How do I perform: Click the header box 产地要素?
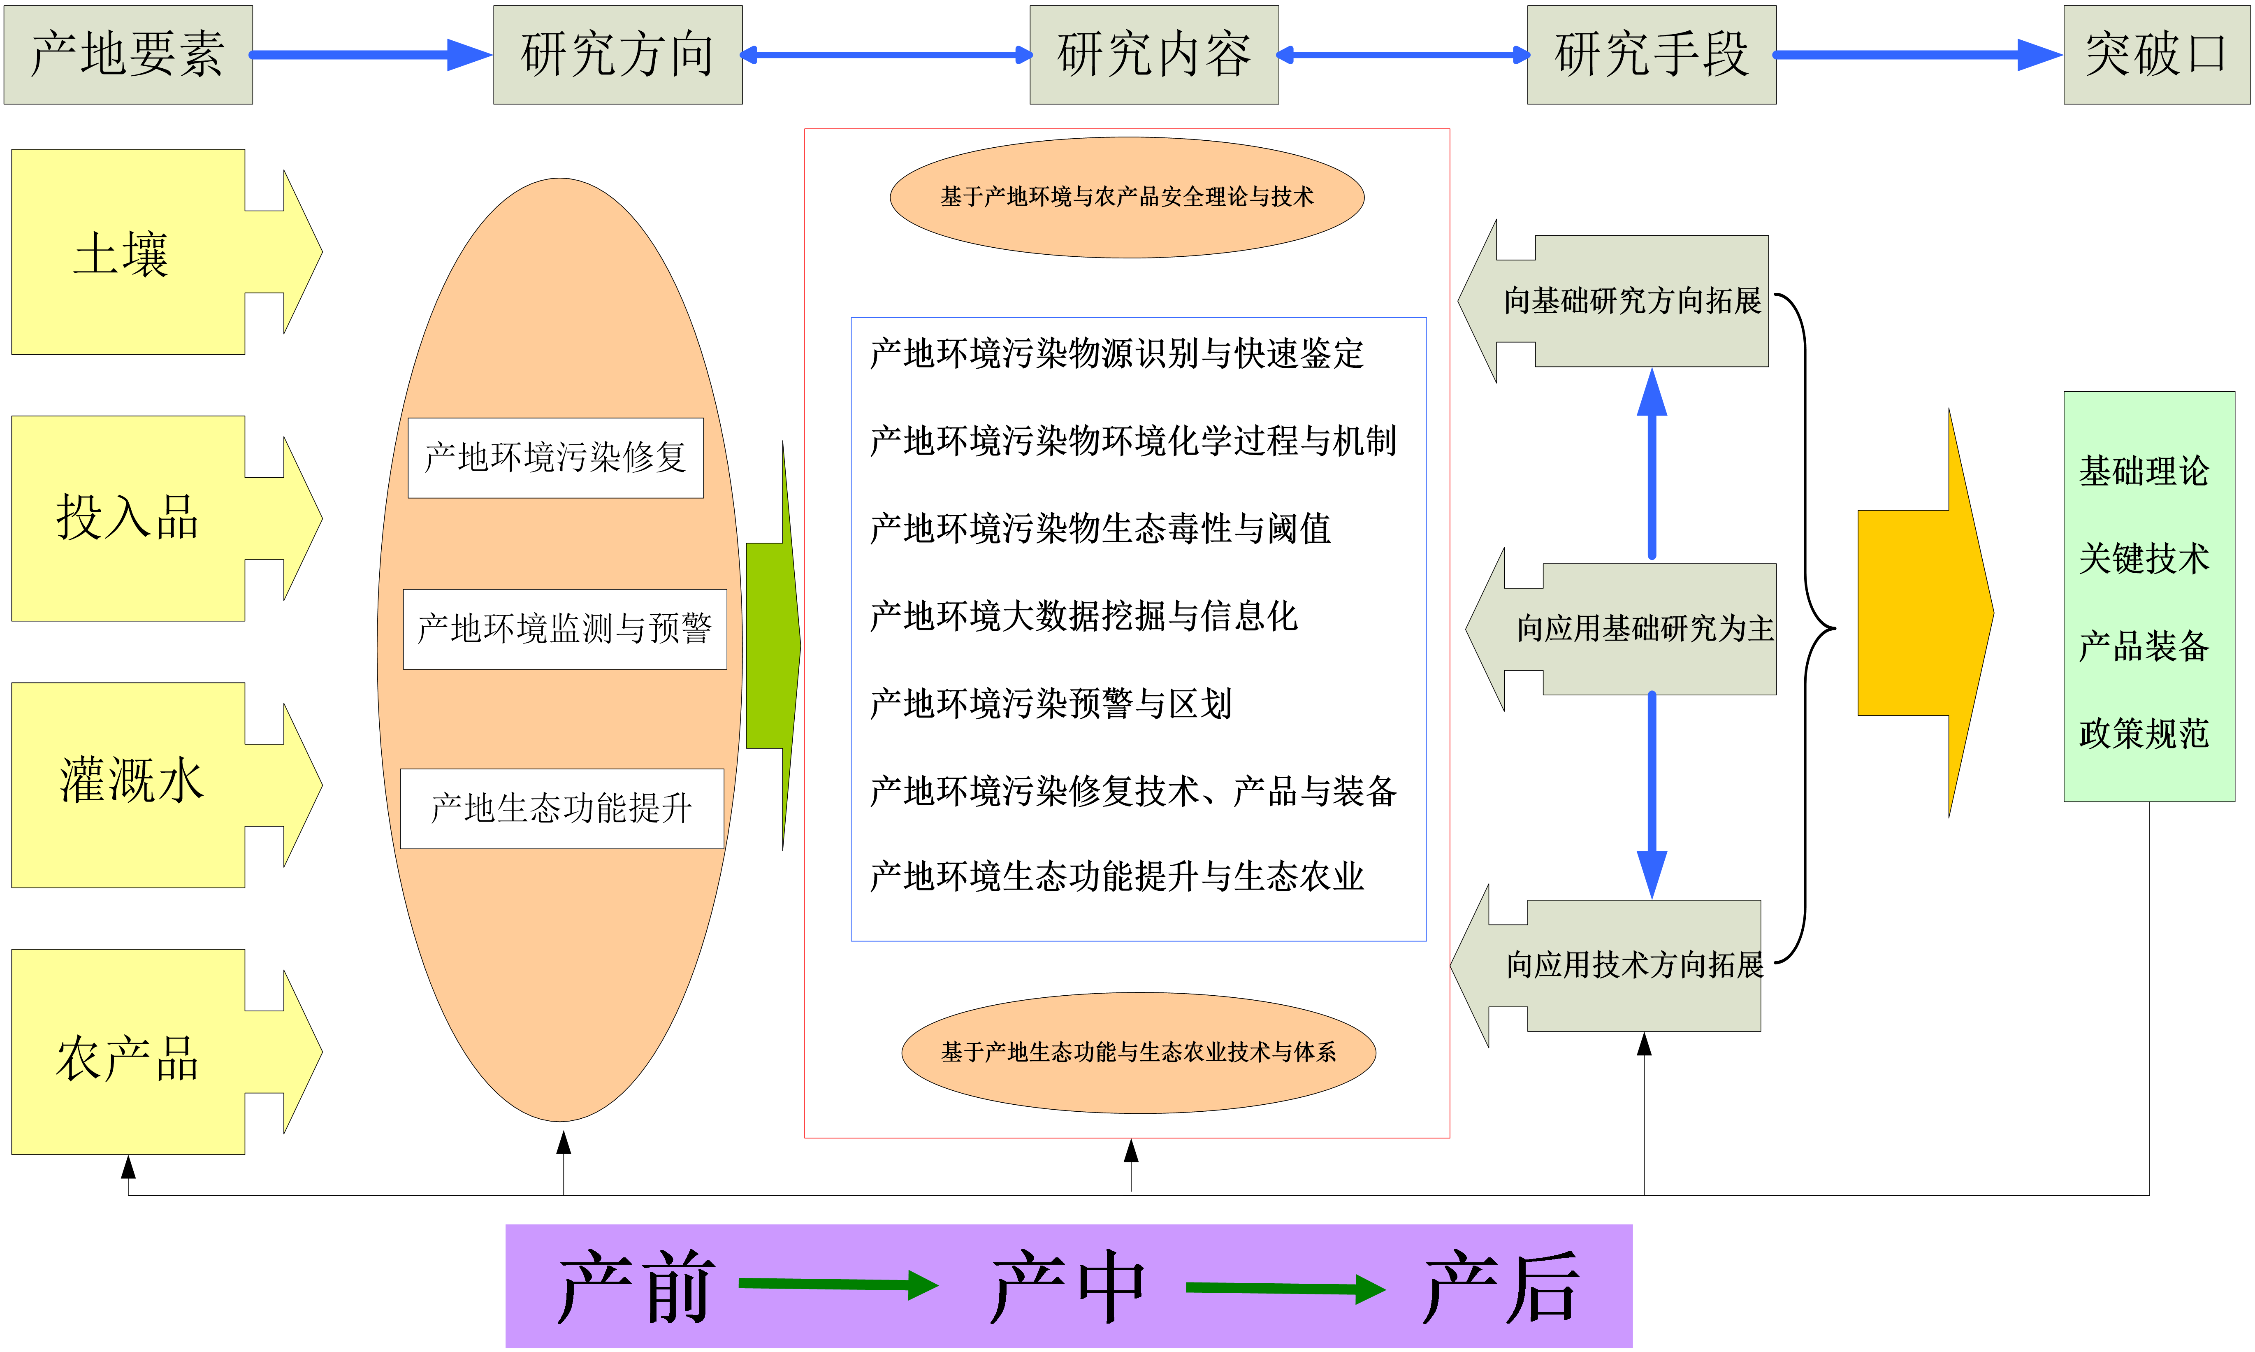(x=128, y=55)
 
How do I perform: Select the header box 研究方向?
(x=617, y=55)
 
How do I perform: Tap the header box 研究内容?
(x=1154, y=55)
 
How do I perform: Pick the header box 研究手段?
(x=1651, y=55)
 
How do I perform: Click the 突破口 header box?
(x=2156, y=55)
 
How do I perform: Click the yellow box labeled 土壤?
(x=128, y=252)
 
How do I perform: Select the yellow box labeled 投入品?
(x=128, y=518)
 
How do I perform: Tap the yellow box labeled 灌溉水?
(x=128, y=784)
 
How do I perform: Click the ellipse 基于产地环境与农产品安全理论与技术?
(x=1127, y=197)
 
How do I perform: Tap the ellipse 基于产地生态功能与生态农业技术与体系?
(x=1139, y=1052)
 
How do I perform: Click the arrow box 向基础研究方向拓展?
(x=1630, y=301)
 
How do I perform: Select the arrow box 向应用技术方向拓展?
(x=1630, y=966)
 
